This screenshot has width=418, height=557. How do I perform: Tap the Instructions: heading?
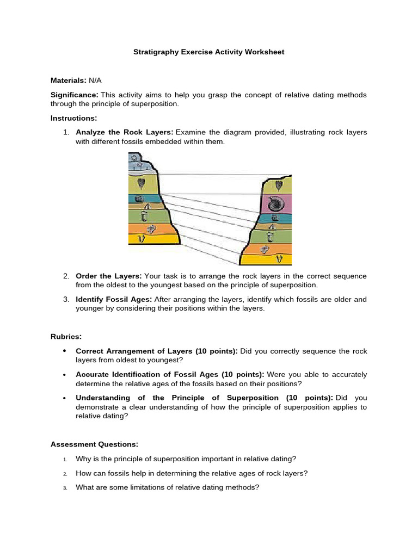pyautogui.click(x=74, y=118)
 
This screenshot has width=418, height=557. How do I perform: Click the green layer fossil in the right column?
pyautogui.click(x=271, y=237)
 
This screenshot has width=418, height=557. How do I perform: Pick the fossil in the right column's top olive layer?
pyautogui.click(x=279, y=185)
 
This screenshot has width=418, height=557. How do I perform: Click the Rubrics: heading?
pyautogui.click(x=66, y=336)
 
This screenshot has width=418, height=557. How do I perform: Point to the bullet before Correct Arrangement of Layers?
pyautogui.click(x=64, y=351)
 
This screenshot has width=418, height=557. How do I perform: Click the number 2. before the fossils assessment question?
pyautogui.click(x=65, y=473)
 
